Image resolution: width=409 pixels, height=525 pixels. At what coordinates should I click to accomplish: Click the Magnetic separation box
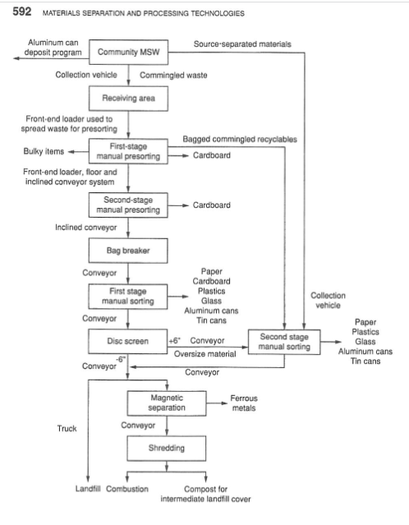pos(167,403)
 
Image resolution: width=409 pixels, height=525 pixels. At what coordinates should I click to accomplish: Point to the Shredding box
pos(167,449)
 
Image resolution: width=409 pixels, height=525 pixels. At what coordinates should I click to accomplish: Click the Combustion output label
pos(127,489)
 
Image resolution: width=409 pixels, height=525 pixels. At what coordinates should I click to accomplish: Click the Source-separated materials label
pos(242,43)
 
